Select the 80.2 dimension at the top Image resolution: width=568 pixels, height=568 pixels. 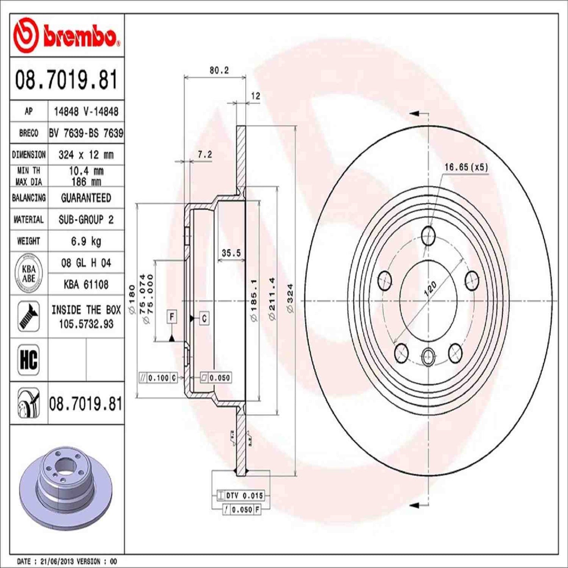coord(219,70)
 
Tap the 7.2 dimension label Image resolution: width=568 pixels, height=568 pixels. coord(205,154)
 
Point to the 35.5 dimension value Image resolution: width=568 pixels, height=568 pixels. coord(231,253)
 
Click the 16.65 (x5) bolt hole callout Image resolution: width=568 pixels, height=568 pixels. coord(466,167)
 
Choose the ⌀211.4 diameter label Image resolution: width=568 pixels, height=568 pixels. coord(272,298)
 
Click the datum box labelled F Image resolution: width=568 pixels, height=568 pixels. coord(172,316)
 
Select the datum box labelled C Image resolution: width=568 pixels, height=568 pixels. coord(204,318)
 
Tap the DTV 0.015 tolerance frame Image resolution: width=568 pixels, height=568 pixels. coord(241,496)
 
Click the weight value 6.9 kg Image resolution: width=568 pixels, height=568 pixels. coord(86,241)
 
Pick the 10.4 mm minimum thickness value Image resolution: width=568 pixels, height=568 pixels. coord(86,171)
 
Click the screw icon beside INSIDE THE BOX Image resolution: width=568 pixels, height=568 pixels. coord(29,316)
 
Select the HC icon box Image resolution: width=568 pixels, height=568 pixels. coord(29,359)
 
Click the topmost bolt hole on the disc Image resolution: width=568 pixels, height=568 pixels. coord(428,236)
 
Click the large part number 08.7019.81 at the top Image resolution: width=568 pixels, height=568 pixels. coord(66,79)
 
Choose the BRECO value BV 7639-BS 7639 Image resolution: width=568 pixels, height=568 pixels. coord(86,133)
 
